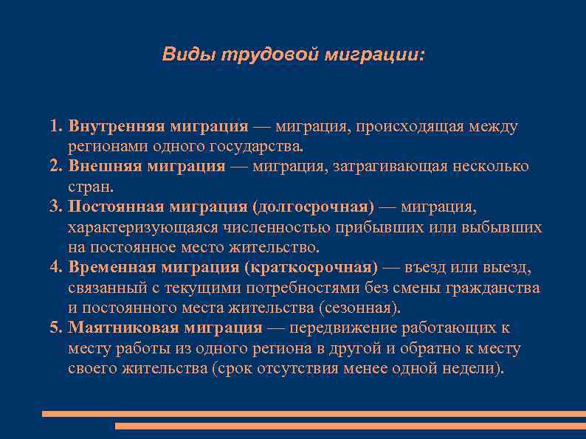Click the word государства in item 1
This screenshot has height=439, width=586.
click(253, 146)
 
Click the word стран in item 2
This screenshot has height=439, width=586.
click(89, 186)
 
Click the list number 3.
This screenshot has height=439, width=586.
click(55, 206)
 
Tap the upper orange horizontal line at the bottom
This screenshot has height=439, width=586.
click(314, 414)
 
